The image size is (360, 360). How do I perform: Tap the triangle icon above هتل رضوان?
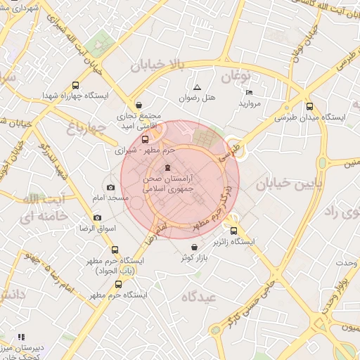pos(197,87)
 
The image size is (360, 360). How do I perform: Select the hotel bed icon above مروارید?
pos(249,93)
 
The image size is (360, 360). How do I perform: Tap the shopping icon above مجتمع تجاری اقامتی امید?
pos(138,102)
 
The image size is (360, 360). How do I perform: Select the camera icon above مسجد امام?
pos(111,187)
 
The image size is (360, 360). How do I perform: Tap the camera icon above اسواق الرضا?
pos(97,217)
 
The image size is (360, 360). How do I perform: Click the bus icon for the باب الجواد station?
pos(115,250)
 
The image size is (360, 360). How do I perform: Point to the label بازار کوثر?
pos(195,258)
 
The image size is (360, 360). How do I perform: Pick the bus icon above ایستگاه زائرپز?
pos(234,230)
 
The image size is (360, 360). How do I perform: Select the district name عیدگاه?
pos(200,297)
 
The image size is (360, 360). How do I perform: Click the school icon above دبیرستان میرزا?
pos(21,337)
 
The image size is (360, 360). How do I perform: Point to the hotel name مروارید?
pos(250,103)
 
